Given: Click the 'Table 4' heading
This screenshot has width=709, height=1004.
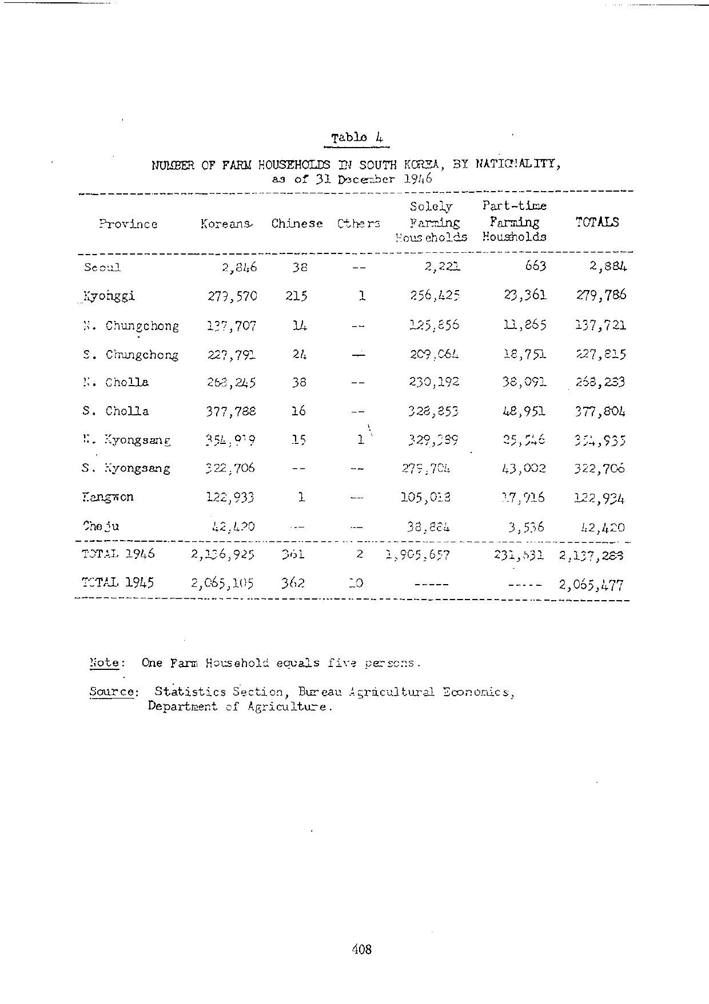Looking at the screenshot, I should coord(357,137).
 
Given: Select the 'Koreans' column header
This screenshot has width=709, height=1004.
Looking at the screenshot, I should coord(226,224).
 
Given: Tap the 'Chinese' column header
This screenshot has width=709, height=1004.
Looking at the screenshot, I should coord(297,224).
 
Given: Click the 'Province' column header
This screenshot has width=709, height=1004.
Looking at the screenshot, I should coord(128,224).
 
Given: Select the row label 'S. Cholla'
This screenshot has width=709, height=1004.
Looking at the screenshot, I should coord(115,411).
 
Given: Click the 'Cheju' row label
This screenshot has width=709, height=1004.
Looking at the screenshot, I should coord(101,526).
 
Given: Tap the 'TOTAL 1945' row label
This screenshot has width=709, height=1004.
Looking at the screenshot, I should coord(118,583).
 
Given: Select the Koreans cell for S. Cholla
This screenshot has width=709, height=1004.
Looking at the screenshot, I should coord(232,411).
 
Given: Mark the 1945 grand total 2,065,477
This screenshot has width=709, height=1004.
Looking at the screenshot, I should coord(592,585).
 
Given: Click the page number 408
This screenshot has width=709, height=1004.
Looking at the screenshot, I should coord(362,950).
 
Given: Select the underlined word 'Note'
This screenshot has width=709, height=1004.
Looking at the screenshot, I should coord(105,663).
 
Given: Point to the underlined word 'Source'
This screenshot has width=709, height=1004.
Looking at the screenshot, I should coord(113,692).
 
